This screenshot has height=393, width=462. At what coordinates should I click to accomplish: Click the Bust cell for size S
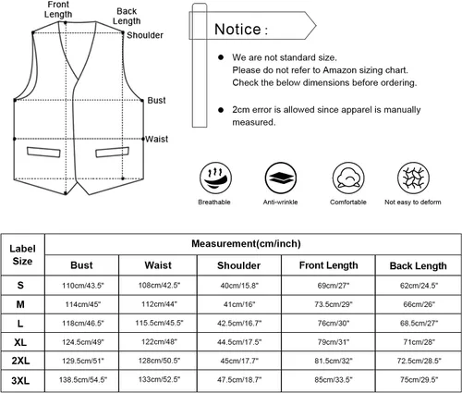[x=83, y=286]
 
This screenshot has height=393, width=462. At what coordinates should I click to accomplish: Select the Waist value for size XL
[x=159, y=342]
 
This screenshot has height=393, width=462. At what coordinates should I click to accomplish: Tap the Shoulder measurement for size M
[x=239, y=304]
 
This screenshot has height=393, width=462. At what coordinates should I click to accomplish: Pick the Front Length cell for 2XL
[x=334, y=361]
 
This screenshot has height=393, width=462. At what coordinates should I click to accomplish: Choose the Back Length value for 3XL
[x=419, y=380]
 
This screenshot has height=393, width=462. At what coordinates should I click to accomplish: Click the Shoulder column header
[x=238, y=265]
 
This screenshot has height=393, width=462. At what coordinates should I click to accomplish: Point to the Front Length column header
[x=329, y=265]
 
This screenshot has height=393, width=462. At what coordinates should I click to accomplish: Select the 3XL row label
[x=20, y=380]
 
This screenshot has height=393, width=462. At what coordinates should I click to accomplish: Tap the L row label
[x=20, y=324]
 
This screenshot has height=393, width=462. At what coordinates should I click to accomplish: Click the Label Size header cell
[x=22, y=255]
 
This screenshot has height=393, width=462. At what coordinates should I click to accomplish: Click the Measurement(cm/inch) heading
[x=246, y=243]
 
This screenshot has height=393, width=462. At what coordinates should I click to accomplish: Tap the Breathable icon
[x=215, y=178]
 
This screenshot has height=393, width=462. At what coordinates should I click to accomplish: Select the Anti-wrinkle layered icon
[x=281, y=178]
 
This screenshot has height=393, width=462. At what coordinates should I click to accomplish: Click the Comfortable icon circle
[x=348, y=178]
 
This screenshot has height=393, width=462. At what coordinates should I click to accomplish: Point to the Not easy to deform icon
[x=413, y=178]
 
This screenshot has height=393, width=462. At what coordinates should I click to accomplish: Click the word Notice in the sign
[x=237, y=30]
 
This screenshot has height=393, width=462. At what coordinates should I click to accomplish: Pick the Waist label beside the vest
[x=157, y=139]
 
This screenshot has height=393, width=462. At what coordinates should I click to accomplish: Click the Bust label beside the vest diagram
[x=156, y=100]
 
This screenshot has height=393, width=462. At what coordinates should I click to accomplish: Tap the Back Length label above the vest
[x=127, y=16]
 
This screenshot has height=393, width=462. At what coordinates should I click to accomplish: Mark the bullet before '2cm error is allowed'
[x=221, y=110]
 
